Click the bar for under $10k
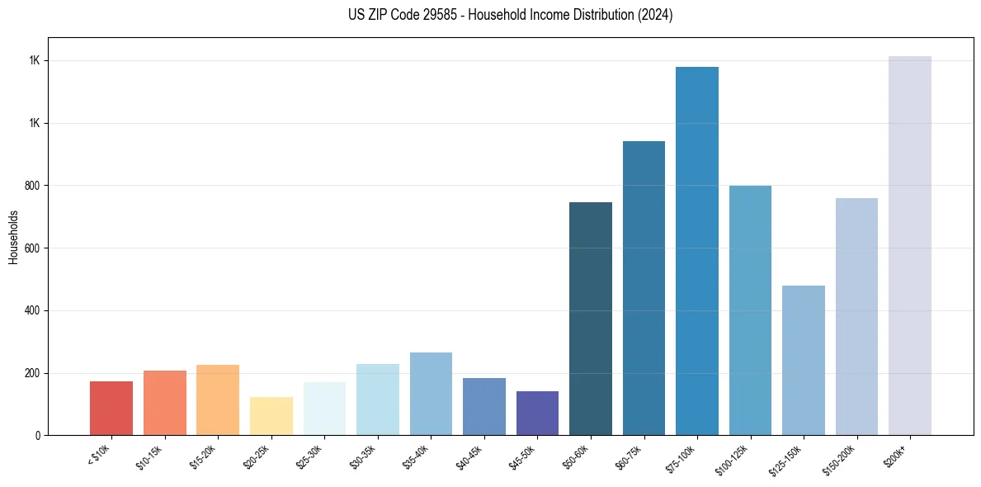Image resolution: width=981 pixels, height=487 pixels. pyautogui.click(x=111, y=409)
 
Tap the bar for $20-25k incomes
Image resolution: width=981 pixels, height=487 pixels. pyautogui.click(x=271, y=416)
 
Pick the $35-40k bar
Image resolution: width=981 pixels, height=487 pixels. pyautogui.click(x=431, y=394)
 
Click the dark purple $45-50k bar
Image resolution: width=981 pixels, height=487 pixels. pyautogui.click(x=537, y=413)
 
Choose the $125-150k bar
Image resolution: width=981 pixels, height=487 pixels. pyautogui.click(x=804, y=360)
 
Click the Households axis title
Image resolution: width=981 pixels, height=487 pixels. pyautogui.click(x=13, y=236)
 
